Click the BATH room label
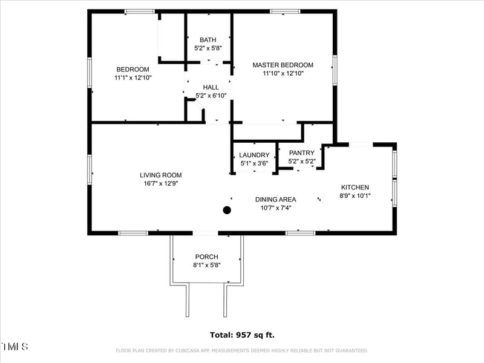(208, 40)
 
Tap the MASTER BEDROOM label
(283, 65)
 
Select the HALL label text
(211, 87)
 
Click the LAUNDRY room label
(254, 155)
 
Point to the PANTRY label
(302, 153)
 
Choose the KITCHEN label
(355, 188)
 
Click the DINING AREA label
(276, 200)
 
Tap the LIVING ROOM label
(161, 175)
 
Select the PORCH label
(207, 257)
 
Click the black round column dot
(227, 210)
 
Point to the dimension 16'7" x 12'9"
(161, 184)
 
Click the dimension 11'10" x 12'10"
(283, 73)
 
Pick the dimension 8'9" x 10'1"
(355, 195)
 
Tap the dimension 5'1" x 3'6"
(254, 163)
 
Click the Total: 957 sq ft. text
(243, 335)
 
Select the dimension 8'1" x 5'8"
(207, 265)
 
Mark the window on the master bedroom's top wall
(285, 11)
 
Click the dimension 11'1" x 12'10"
(133, 78)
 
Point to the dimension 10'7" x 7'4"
(276, 208)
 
